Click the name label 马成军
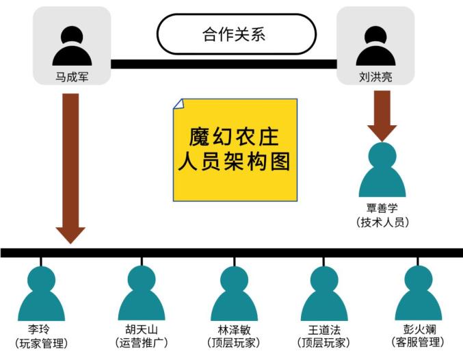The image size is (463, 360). click(72, 77)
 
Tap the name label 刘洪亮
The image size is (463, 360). click(375, 77)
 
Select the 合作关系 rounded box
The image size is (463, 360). click(236, 34)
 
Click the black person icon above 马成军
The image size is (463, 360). click(72, 46)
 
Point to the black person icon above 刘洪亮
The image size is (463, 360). click(375, 46)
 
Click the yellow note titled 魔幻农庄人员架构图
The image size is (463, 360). click(235, 150)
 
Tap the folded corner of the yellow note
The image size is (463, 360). click(178, 104)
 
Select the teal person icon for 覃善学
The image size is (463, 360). click(382, 170)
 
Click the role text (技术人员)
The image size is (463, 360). click(382, 222)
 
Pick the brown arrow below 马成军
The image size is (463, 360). click(70, 168)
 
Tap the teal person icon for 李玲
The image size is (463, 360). click(41, 294)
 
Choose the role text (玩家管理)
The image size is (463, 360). click(41, 343)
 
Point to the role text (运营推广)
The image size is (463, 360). click(142, 343)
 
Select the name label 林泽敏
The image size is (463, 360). click(234, 330)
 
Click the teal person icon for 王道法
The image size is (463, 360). click(324, 294)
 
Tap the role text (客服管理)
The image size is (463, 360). click(418, 342)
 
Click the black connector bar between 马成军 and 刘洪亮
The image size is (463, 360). click(224, 64)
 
